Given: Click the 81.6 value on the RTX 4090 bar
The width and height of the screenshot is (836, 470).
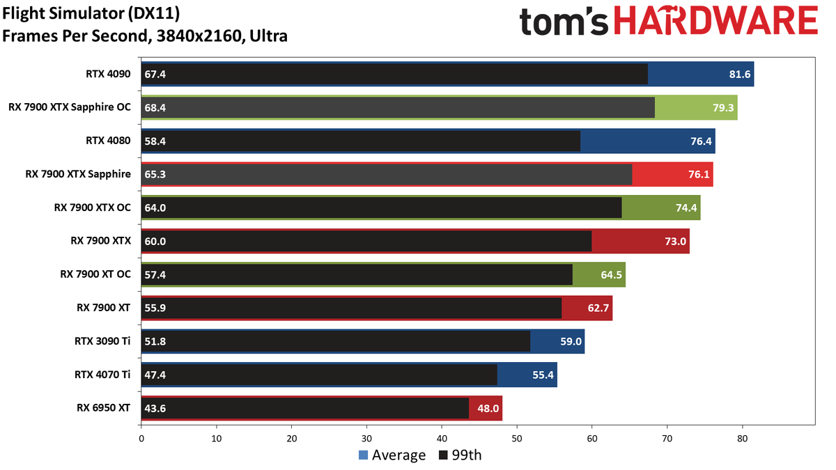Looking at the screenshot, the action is (x=739, y=75).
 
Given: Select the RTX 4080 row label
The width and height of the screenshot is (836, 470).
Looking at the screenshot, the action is (x=108, y=141).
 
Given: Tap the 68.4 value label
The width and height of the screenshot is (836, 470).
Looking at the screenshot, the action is (x=155, y=108).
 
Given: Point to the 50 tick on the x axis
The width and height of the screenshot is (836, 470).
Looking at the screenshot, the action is (x=517, y=439).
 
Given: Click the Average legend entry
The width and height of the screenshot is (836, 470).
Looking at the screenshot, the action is (x=392, y=455).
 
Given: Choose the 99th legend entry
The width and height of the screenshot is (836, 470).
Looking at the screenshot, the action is (x=460, y=455).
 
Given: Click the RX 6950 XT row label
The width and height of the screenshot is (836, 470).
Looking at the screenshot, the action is (x=103, y=408).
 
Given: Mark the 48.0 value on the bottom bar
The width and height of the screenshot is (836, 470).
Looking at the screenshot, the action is (x=488, y=409).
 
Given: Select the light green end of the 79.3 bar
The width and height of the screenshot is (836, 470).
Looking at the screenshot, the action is (x=696, y=108).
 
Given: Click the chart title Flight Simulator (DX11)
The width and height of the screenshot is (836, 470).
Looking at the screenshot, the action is (x=91, y=14).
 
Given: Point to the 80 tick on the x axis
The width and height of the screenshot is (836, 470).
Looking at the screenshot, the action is (x=743, y=439).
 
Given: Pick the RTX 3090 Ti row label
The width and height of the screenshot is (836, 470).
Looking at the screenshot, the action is (x=102, y=341).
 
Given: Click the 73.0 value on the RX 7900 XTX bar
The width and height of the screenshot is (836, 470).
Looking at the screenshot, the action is (x=675, y=242).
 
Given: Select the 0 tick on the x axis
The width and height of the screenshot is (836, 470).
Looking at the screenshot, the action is (x=141, y=439).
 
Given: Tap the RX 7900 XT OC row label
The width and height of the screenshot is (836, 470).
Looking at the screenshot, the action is (x=95, y=274).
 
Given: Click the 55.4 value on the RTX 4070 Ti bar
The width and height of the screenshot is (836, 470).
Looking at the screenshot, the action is (x=543, y=375).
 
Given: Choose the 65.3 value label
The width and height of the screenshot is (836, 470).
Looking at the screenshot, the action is (x=155, y=175).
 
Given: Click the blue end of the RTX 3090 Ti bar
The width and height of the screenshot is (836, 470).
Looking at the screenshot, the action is (x=557, y=341).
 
